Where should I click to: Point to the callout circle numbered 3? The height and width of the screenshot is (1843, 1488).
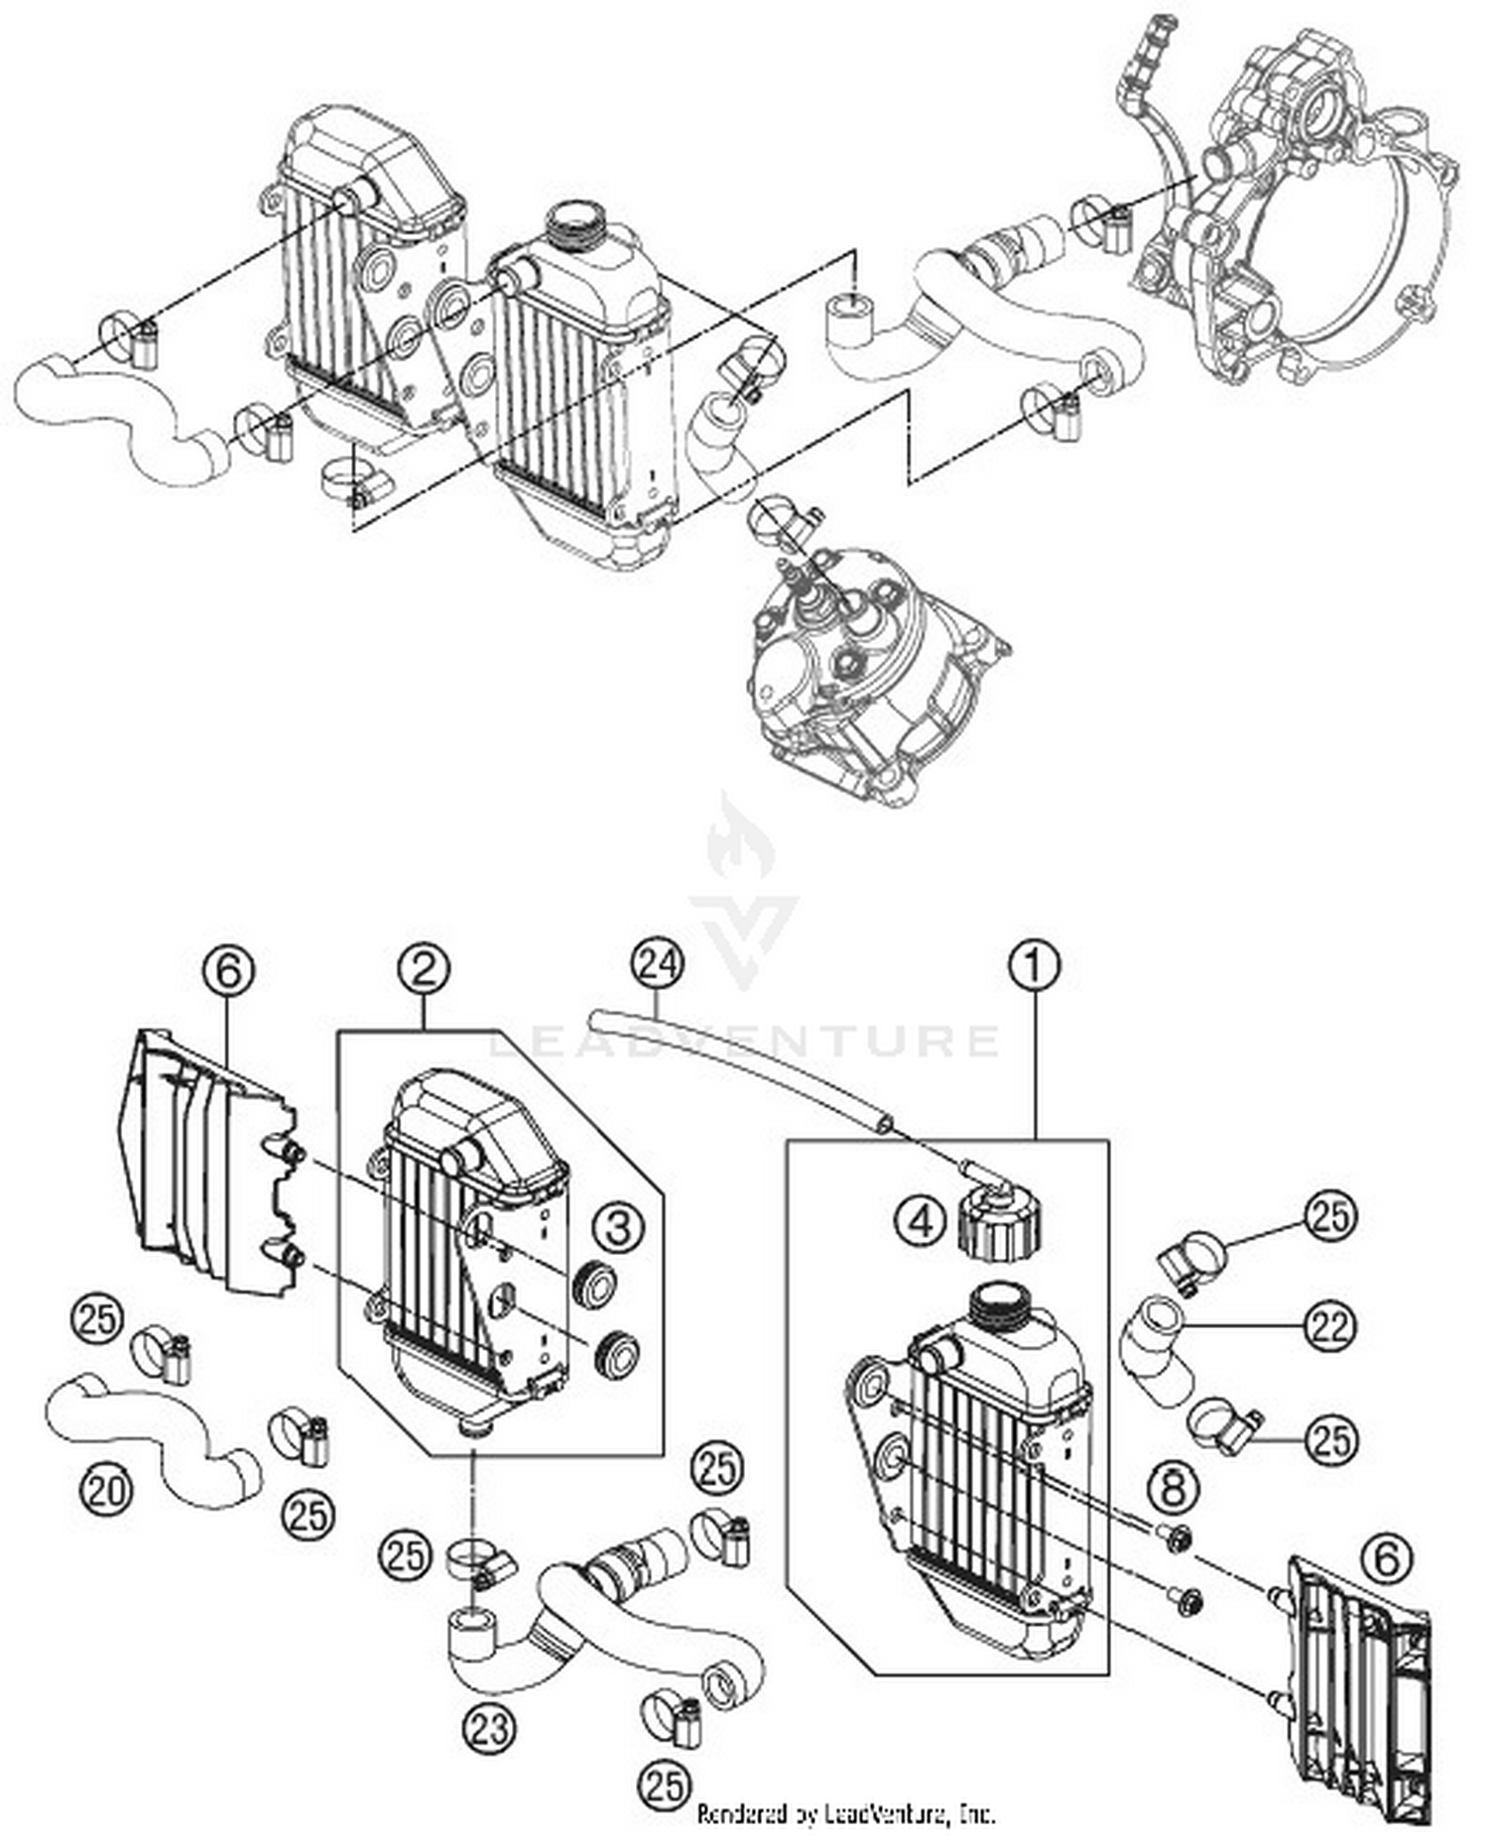click(x=618, y=1228)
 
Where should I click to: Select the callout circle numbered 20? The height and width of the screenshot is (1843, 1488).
click(x=106, y=1490)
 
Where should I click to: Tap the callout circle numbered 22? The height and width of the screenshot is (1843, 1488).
click(x=1330, y=1327)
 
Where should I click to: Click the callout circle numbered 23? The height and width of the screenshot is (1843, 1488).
click(x=489, y=1728)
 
